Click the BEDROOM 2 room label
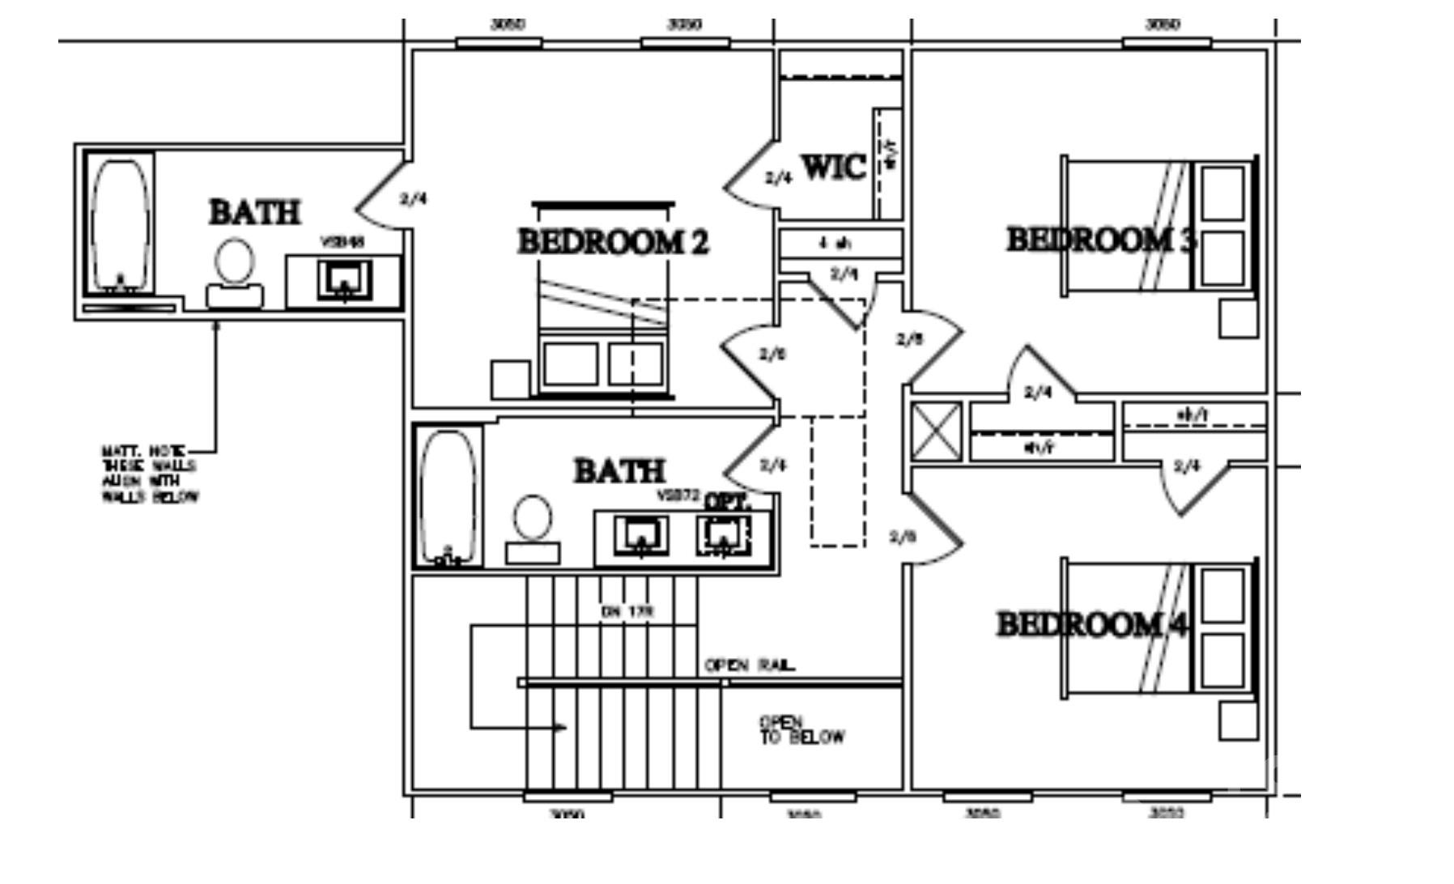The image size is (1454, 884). tap(613, 242)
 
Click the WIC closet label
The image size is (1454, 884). tap(834, 168)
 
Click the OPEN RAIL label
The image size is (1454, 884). tap(750, 665)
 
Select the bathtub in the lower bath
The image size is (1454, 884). tap(449, 497)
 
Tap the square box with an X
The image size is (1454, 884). tap(937, 431)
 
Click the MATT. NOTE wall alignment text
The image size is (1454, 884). tap(149, 474)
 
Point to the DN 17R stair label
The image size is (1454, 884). tap(627, 611)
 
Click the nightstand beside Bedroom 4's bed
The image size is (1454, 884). tap(1238, 720)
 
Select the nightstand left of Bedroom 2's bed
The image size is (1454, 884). tap(510, 380)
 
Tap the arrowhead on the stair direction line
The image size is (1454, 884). tap(560, 728)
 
